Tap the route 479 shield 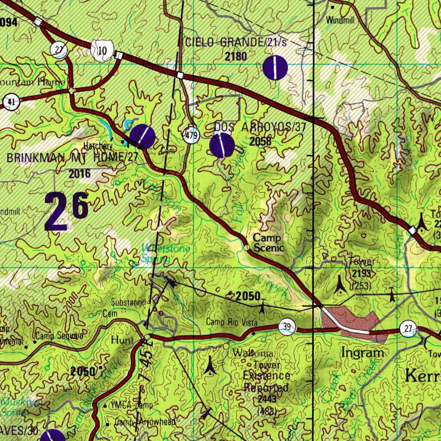[x=190, y=135]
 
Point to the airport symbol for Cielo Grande [x=275, y=68]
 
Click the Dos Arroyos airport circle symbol [x=222, y=146]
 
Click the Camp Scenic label [x=267, y=243]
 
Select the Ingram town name [x=362, y=353]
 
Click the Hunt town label [x=123, y=340]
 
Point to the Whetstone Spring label [x=159, y=254]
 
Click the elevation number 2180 [x=236, y=56]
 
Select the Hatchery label [x=98, y=146]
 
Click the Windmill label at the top [x=339, y=20]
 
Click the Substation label [x=128, y=302]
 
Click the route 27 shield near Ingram [x=408, y=329]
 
